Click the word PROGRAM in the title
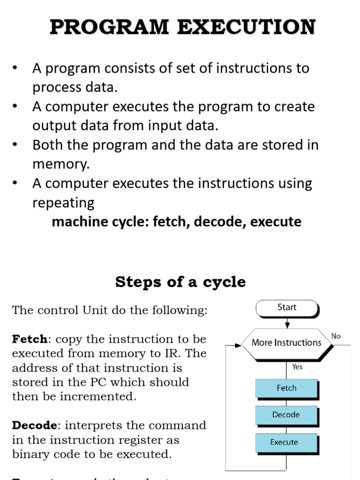(x=109, y=27)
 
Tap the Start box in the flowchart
(x=287, y=307)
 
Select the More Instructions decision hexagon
(x=286, y=343)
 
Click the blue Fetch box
(x=286, y=388)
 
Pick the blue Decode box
(x=286, y=415)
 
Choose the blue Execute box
(x=284, y=442)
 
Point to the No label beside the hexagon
(x=336, y=336)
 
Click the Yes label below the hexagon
(x=297, y=367)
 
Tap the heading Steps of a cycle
(x=180, y=282)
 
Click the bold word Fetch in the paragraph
(x=30, y=339)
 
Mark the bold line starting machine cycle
(x=176, y=222)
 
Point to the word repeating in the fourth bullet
(x=63, y=203)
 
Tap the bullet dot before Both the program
(x=15, y=145)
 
